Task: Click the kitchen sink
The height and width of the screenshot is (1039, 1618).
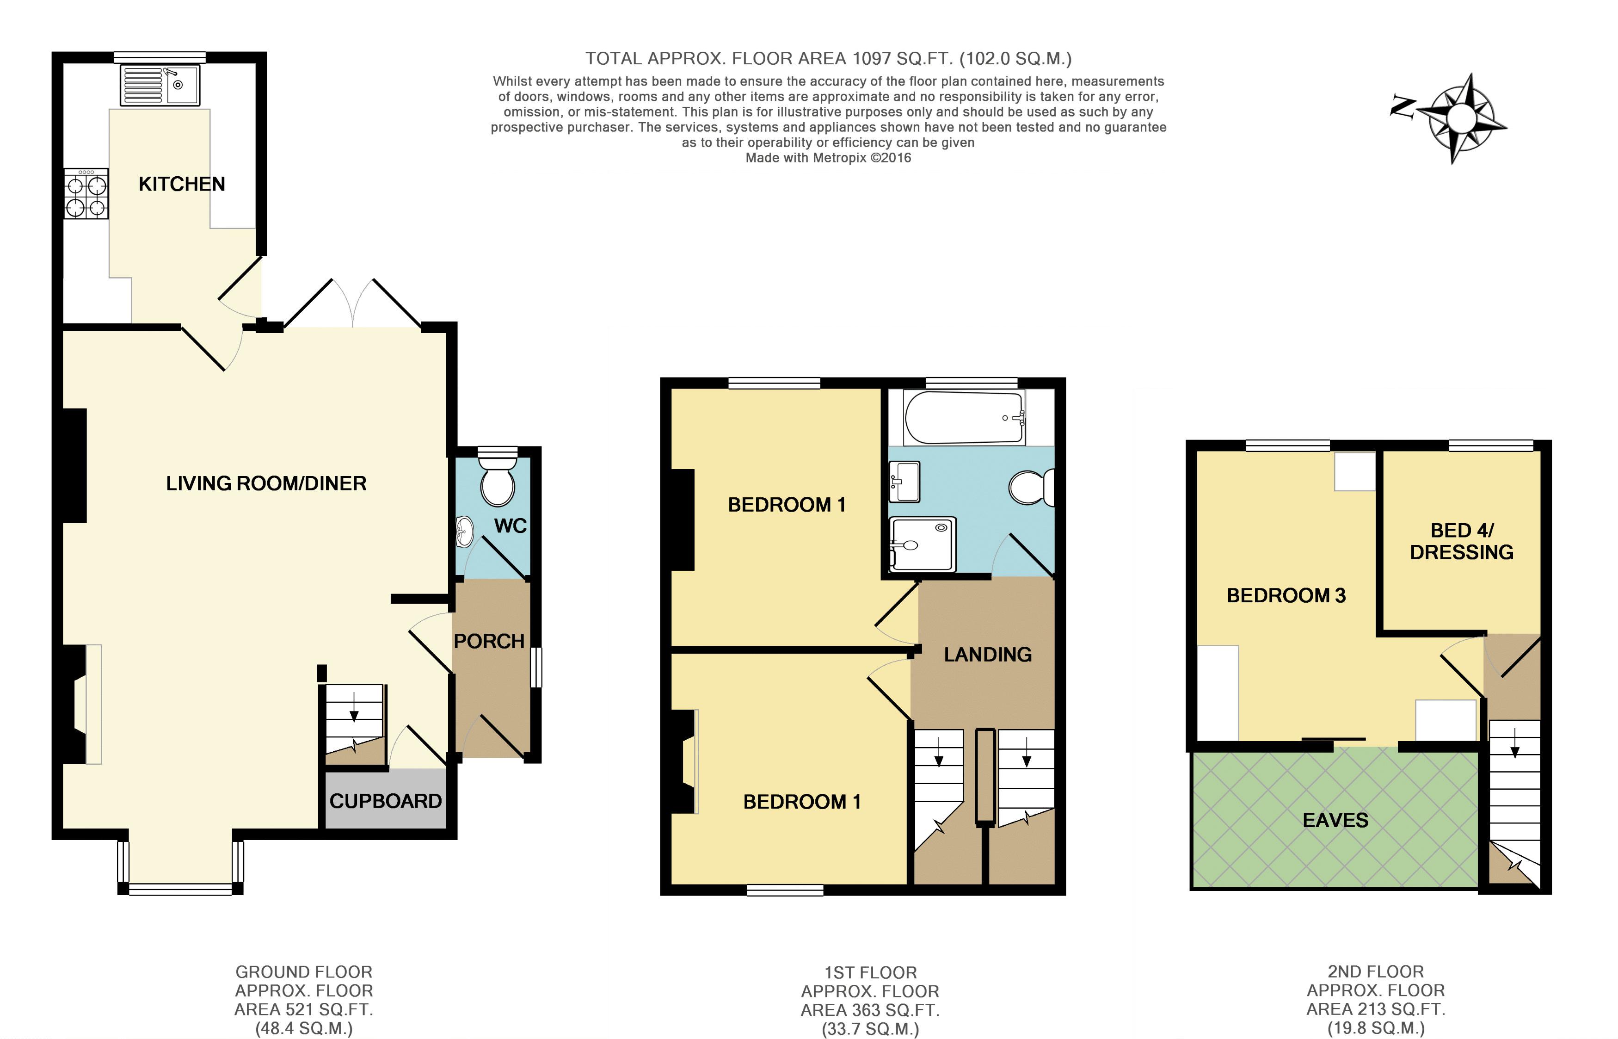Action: coord(160,85)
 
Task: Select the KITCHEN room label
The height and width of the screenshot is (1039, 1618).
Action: coord(181,184)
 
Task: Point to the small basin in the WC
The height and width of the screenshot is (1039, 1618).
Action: coord(464,531)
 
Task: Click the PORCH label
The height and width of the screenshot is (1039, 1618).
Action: coord(489,641)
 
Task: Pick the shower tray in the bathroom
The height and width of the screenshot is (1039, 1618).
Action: coord(923,543)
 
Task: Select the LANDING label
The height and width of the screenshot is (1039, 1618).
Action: coord(987,655)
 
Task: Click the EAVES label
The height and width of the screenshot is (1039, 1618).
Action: coord(1335,820)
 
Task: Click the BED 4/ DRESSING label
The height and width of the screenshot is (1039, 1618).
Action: coord(1462,541)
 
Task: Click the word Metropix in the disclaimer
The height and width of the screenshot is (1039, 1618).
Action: coord(839,158)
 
